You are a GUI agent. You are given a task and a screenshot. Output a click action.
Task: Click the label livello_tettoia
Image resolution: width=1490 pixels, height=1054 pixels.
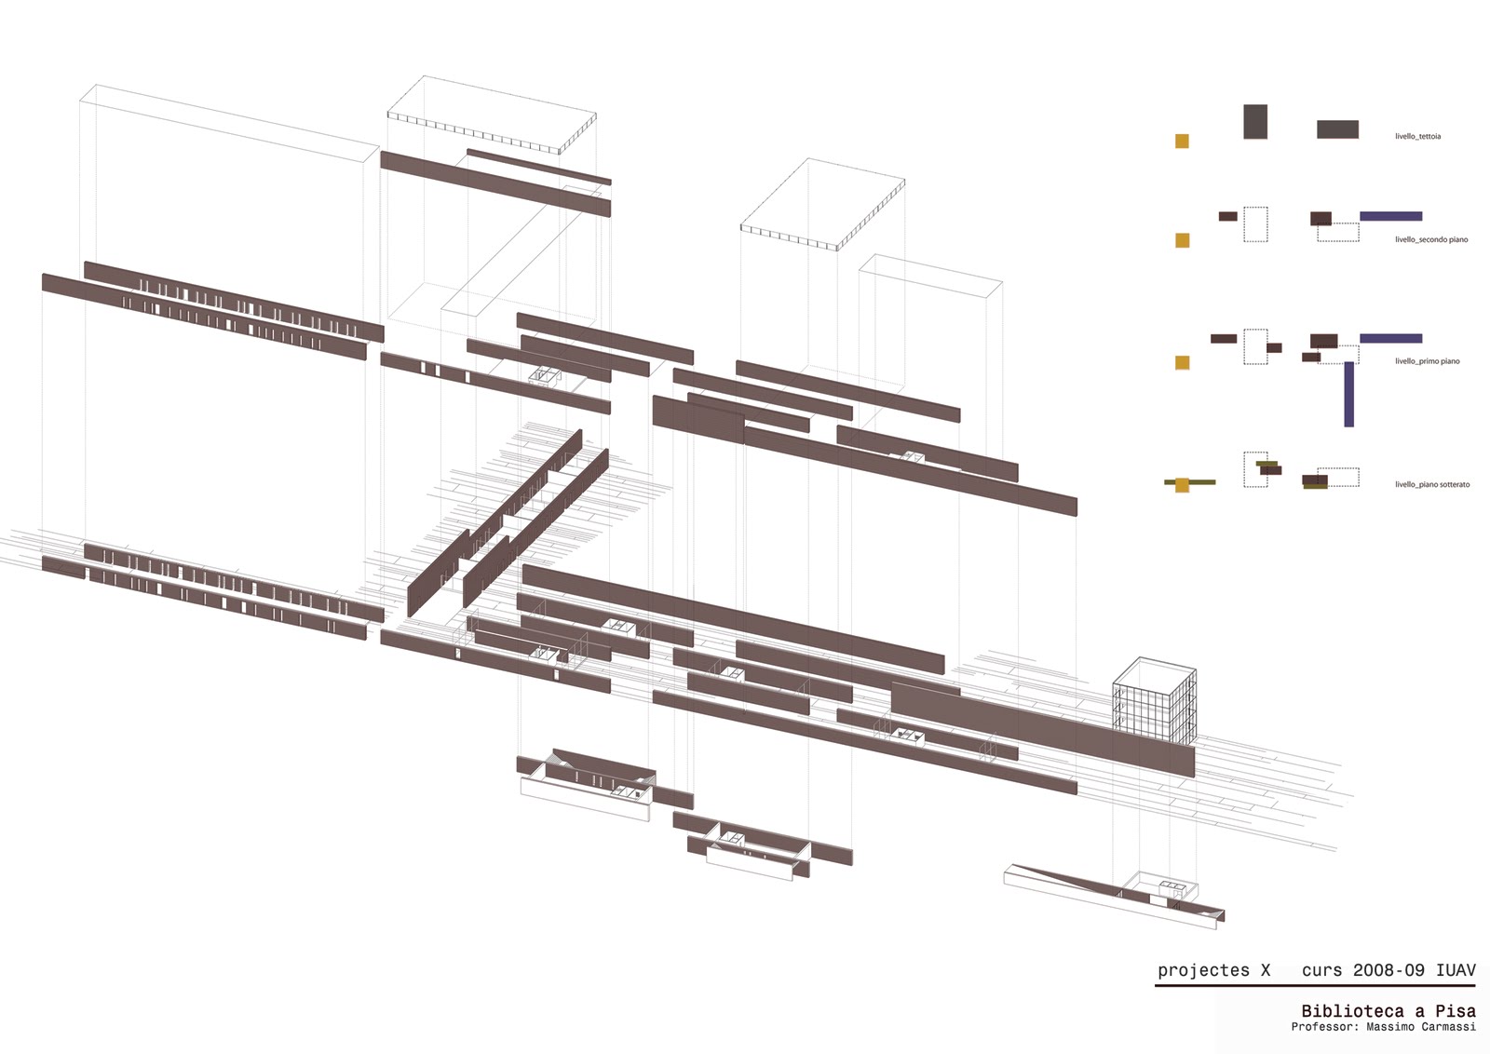[x=1417, y=137]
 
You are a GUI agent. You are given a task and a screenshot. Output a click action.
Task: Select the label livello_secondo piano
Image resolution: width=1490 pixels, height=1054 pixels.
[x=1430, y=240]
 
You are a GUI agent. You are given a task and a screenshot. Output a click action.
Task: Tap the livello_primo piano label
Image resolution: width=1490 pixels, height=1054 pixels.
[x=1427, y=361]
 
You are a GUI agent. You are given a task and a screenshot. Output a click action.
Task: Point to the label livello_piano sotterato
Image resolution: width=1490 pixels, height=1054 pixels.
[x=1431, y=485]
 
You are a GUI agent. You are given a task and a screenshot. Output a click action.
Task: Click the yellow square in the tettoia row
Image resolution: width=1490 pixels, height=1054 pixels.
[x=1182, y=142]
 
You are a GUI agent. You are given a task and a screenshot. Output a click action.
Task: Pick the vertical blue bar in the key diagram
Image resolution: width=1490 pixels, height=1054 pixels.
[x=1348, y=394]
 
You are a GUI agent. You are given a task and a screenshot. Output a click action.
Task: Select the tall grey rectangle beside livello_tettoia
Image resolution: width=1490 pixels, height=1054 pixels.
[x=1255, y=122]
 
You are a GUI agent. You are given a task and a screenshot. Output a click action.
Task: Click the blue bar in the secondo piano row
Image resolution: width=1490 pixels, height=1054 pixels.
[x=1390, y=217]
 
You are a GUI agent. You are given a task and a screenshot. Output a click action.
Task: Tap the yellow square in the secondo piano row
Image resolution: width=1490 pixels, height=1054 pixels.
[x=1182, y=240]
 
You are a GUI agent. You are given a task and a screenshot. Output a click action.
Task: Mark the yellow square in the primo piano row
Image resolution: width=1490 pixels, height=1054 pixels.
[x=1182, y=362]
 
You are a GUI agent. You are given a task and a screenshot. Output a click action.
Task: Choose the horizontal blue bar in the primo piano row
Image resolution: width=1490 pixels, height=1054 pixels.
[x=1390, y=338]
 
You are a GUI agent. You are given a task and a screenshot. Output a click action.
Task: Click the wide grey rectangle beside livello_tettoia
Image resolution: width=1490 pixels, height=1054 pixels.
[x=1337, y=129]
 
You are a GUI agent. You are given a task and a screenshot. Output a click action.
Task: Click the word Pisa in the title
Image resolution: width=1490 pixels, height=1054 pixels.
[x=1455, y=1011]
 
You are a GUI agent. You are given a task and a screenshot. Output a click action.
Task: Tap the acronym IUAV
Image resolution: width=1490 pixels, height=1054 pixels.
[x=1456, y=970]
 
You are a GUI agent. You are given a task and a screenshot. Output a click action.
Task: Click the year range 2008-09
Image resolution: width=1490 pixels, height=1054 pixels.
[x=1388, y=970]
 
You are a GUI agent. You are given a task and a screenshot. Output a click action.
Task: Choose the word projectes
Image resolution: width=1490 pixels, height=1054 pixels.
[x=1203, y=971]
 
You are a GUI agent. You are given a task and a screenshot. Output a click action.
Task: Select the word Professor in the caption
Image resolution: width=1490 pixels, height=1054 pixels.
[x=1322, y=1027]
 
